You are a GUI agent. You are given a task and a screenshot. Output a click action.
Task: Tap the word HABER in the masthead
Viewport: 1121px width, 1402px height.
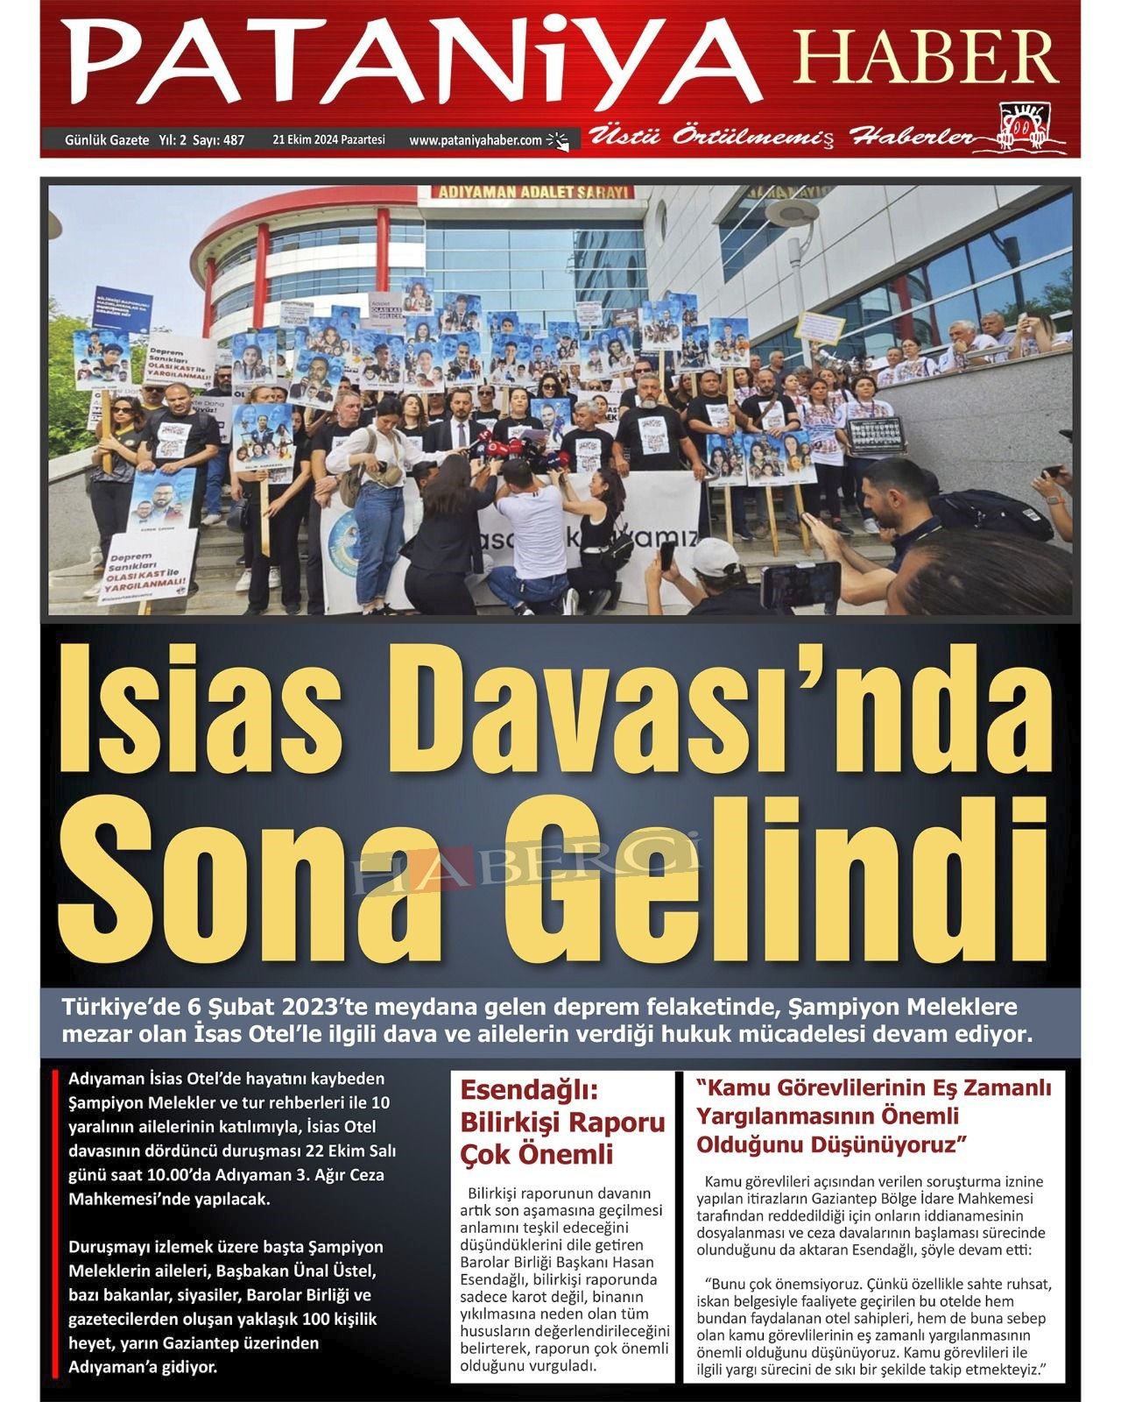pyautogui.click(x=915, y=58)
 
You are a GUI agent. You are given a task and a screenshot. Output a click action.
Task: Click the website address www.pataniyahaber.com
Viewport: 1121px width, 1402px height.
pyautogui.click(x=476, y=139)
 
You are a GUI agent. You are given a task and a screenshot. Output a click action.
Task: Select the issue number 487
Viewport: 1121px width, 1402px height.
pyautogui.click(x=234, y=139)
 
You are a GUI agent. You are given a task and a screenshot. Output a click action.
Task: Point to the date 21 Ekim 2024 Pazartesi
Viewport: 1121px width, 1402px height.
pyautogui.click(x=328, y=139)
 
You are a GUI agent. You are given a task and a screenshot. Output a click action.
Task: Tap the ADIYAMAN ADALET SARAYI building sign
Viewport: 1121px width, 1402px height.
pyautogui.click(x=533, y=192)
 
